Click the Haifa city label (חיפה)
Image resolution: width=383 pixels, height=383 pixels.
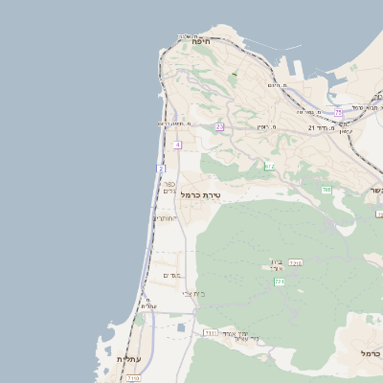point(200,42)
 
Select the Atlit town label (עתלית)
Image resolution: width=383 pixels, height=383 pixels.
point(126,358)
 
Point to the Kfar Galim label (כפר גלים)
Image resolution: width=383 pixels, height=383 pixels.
point(169,187)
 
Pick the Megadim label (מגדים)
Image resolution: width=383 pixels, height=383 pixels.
point(172,276)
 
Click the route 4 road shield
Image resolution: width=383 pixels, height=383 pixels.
point(178,145)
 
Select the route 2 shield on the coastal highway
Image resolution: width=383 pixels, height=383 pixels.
point(161,169)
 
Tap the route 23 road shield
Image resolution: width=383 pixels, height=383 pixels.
point(219,126)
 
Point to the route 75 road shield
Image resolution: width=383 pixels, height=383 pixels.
point(338,112)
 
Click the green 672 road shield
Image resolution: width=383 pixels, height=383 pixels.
point(270,167)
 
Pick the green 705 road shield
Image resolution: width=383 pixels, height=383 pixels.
point(327,190)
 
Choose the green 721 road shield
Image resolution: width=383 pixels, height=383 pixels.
point(280,282)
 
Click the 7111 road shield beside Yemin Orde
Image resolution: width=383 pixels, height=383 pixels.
point(210,333)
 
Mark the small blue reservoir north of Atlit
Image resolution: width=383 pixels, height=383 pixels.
point(181,328)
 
